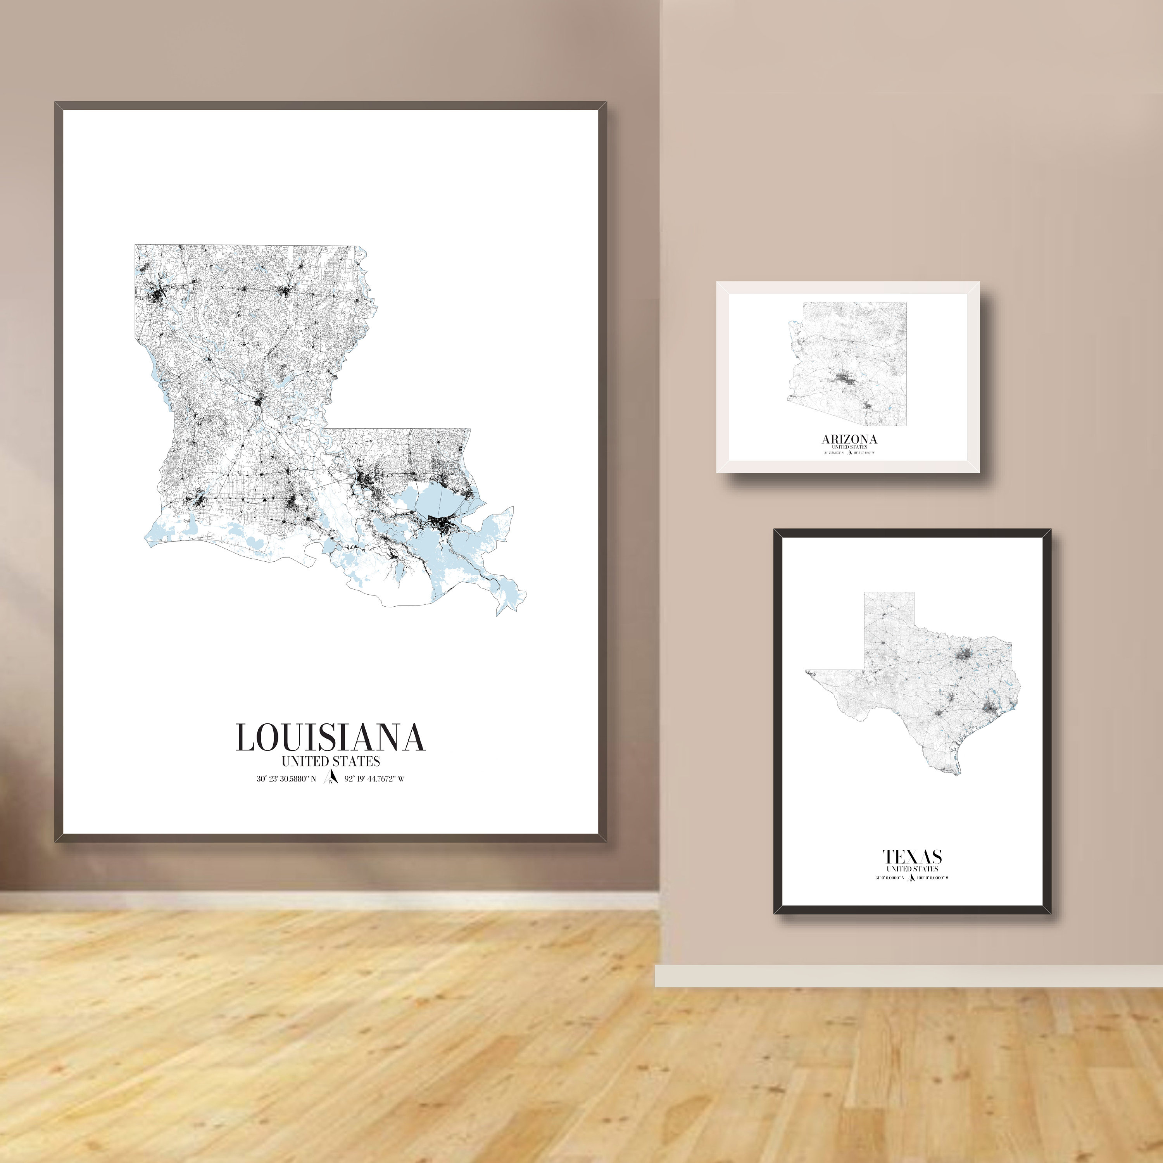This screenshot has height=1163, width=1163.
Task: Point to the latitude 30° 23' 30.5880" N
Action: [x=286, y=779]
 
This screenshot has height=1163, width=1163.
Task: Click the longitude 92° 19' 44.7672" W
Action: [x=374, y=779]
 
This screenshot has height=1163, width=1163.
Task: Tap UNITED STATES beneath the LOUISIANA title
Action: [x=330, y=761]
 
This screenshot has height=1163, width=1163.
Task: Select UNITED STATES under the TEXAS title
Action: [x=912, y=869]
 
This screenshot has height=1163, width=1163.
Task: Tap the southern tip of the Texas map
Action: [x=958, y=772]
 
